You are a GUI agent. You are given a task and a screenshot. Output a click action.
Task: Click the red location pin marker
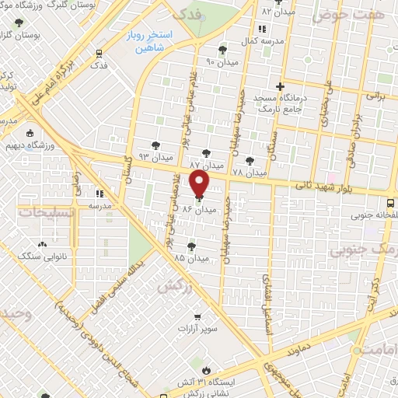click(200, 184)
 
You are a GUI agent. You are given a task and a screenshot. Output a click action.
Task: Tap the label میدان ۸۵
click(191, 258)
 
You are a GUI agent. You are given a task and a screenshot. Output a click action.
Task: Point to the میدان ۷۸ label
click(249, 172)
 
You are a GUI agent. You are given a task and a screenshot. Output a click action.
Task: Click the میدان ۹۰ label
click(222, 61)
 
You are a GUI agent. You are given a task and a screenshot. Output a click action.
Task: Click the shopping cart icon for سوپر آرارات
click(198, 316)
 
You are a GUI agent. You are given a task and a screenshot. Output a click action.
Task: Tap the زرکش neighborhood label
click(175, 286)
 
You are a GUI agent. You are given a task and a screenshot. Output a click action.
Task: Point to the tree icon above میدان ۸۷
click(205, 152)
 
